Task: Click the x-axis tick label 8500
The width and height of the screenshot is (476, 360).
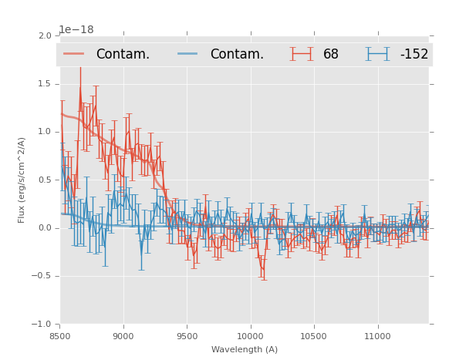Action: [x=60, y=335]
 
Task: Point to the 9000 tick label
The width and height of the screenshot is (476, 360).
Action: [x=123, y=335]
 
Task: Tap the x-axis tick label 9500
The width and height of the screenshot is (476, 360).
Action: [x=187, y=335]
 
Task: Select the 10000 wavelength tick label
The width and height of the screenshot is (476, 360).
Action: [x=251, y=335]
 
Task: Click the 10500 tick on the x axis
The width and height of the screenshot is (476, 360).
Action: [x=314, y=335]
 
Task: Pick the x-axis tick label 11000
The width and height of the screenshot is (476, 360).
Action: [x=377, y=335]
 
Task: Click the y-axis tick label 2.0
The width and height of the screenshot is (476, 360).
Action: [x=44, y=35]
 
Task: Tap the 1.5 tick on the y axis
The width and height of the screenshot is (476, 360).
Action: [x=44, y=84]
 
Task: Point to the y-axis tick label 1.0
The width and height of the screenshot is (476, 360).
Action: [x=44, y=132]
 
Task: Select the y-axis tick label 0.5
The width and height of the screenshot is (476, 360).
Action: [x=44, y=180]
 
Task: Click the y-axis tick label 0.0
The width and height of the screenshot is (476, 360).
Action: [x=44, y=228]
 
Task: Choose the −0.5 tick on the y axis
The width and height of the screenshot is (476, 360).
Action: [x=42, y=276]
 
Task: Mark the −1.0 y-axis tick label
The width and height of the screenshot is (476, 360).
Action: [x=42, y=325]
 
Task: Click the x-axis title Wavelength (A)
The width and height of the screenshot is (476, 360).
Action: [x=245, y=349]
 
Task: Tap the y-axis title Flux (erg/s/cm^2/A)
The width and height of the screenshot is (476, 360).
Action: [x=22, y=180]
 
